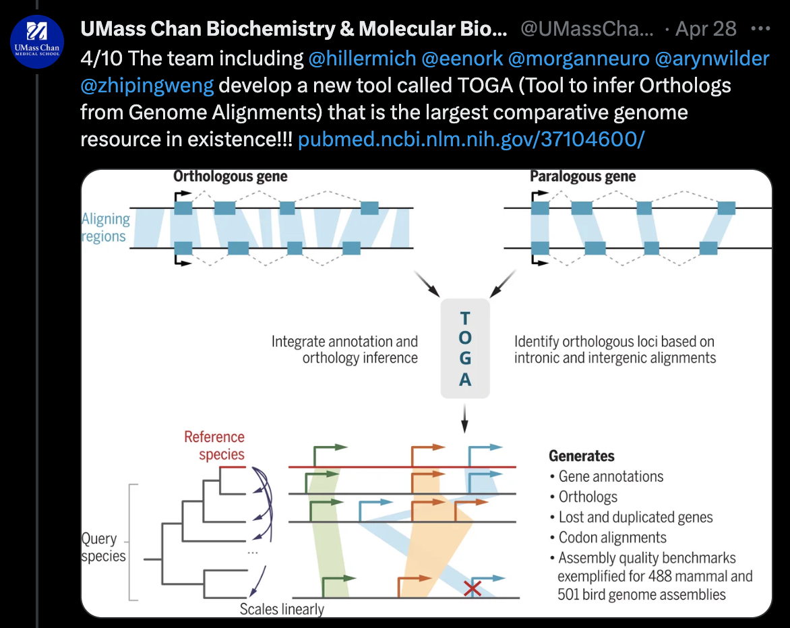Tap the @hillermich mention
coord(362,59)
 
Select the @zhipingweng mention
coord(147,86)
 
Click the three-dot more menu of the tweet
coord(760,29)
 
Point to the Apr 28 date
coord(706,29)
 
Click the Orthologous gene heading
coord(230,177)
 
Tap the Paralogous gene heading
coord(582,177)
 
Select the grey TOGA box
coord(464,349)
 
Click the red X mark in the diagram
coord(473,588)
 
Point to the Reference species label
coord(214,445)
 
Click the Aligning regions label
coord(105,228)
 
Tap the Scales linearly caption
coord(282,609)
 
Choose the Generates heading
coord(582,456)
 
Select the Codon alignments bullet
coord(612,538)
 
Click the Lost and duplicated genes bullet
coord(635,517)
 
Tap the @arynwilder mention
coord(712,59)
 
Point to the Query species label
coord(104,547)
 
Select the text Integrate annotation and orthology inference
coord(345,350)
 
